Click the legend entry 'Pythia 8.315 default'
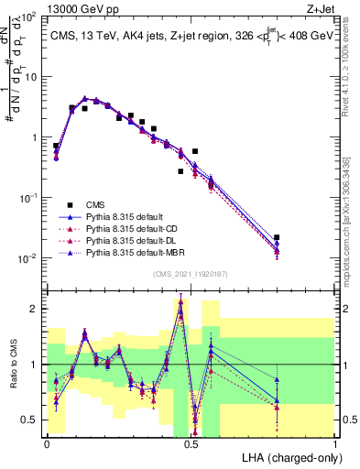[x=127, y=216]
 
